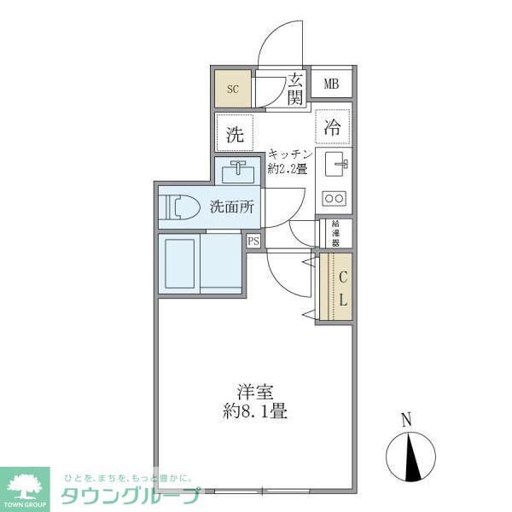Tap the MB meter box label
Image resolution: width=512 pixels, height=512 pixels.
[332, 84]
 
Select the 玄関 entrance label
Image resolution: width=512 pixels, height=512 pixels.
[295, 90]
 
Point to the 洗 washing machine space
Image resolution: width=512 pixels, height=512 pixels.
[235, 133]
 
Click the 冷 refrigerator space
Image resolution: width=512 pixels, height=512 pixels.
[332, 128]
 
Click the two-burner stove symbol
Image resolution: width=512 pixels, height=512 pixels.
[334, 199]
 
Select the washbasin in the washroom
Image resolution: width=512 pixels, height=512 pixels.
[238, 172]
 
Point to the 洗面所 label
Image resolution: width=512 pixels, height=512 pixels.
[231, 207]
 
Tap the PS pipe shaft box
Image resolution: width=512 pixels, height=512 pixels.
[253, 241]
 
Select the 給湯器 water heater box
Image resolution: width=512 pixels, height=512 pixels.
[335, 232]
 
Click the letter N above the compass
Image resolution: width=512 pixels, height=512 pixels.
[407, 418]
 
